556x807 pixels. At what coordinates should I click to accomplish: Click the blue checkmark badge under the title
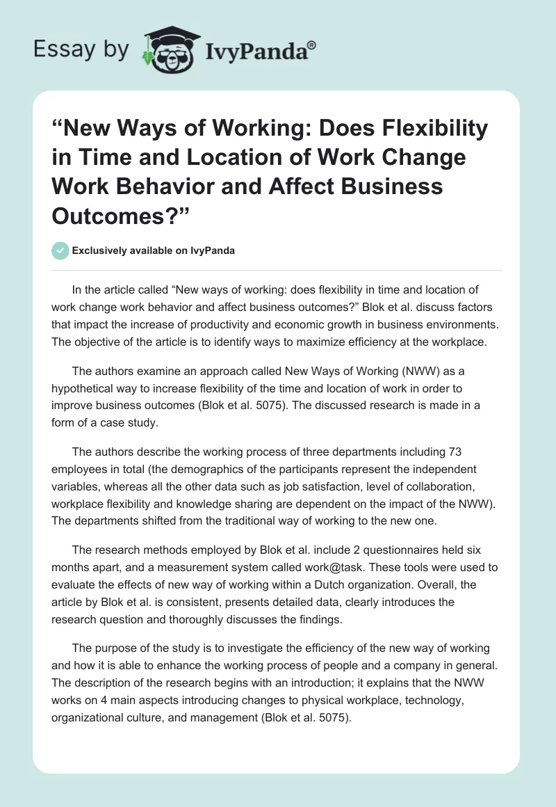pos(60,250)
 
